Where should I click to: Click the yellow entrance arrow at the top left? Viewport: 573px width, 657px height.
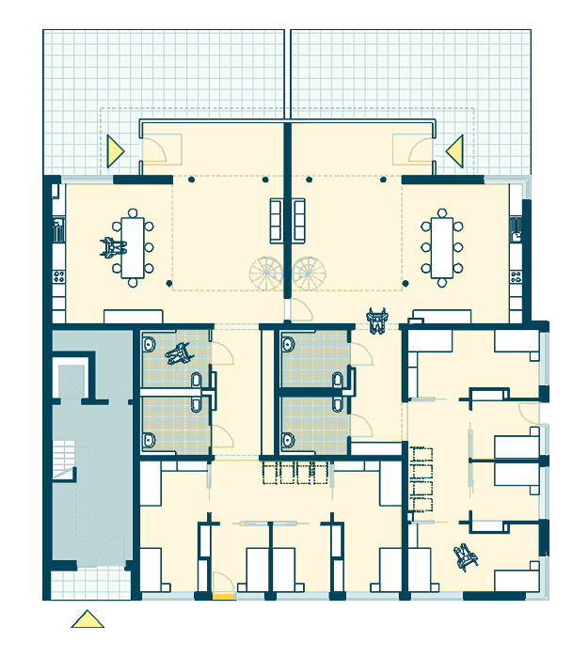[115, 150]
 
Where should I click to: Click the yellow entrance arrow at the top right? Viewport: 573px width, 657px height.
[455, 150]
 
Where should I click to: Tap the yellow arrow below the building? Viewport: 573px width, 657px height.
[88, 619]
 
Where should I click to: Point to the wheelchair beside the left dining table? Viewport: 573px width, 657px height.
[113, 248]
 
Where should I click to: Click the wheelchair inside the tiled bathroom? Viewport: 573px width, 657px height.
[178, 354]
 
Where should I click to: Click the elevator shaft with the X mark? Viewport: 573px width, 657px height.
[72, 381]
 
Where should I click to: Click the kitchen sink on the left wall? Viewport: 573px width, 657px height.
[58, 227]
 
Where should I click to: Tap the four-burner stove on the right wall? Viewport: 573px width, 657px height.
[516, 276]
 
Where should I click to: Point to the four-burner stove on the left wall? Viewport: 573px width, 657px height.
[58, 276]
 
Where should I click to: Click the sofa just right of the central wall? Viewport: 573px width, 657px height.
[299, 218]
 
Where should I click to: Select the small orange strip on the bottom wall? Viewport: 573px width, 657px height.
[223, 595]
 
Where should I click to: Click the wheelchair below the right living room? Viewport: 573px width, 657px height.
[379, 322]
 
